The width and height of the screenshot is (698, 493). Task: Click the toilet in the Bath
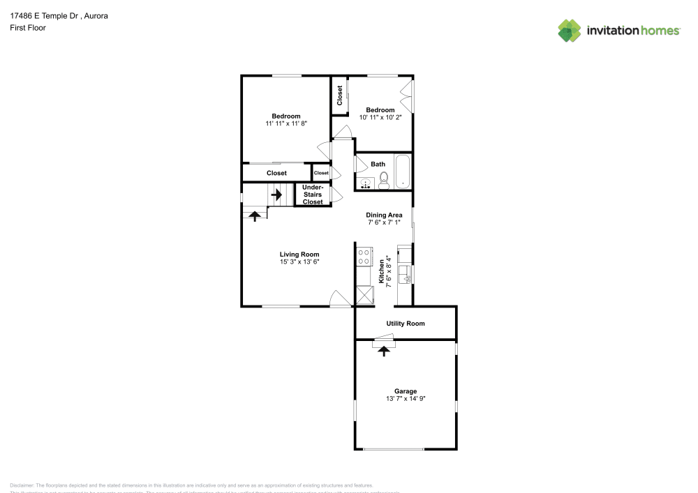pyautogui.click(x=383, y=183)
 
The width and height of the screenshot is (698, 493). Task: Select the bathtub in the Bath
pyautogui.click(x=403, y=173)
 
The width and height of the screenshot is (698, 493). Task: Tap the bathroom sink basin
pyautogui.click(x=366, y=183)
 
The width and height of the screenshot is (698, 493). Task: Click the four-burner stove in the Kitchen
pyautogui.click(x=363, y=257)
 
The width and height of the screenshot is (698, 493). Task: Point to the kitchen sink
pyautogui.click(x=404, y=279)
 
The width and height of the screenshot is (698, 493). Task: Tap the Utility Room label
pyautogui.click(x=406, y=324)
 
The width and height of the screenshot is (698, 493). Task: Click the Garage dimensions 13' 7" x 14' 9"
pyautogui.click(x=406, y=399)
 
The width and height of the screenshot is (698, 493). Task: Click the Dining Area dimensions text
pyautogui.click(x=385, y=222)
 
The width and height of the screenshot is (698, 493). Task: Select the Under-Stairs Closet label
pyautogui.click(x=313, y=195)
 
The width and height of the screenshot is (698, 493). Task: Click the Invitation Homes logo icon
pyautogui.click(x=570, y=31)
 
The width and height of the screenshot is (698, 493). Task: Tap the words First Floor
pyautogui.click(x=28, y=28)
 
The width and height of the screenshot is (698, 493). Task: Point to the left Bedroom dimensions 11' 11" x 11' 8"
pyautogui.click(x=286, y=123)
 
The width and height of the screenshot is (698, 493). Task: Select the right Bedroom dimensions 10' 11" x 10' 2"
pyautogui.click(x=380, y=117)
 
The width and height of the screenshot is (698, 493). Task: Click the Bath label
pyautogui.click(x=378, y=165)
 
